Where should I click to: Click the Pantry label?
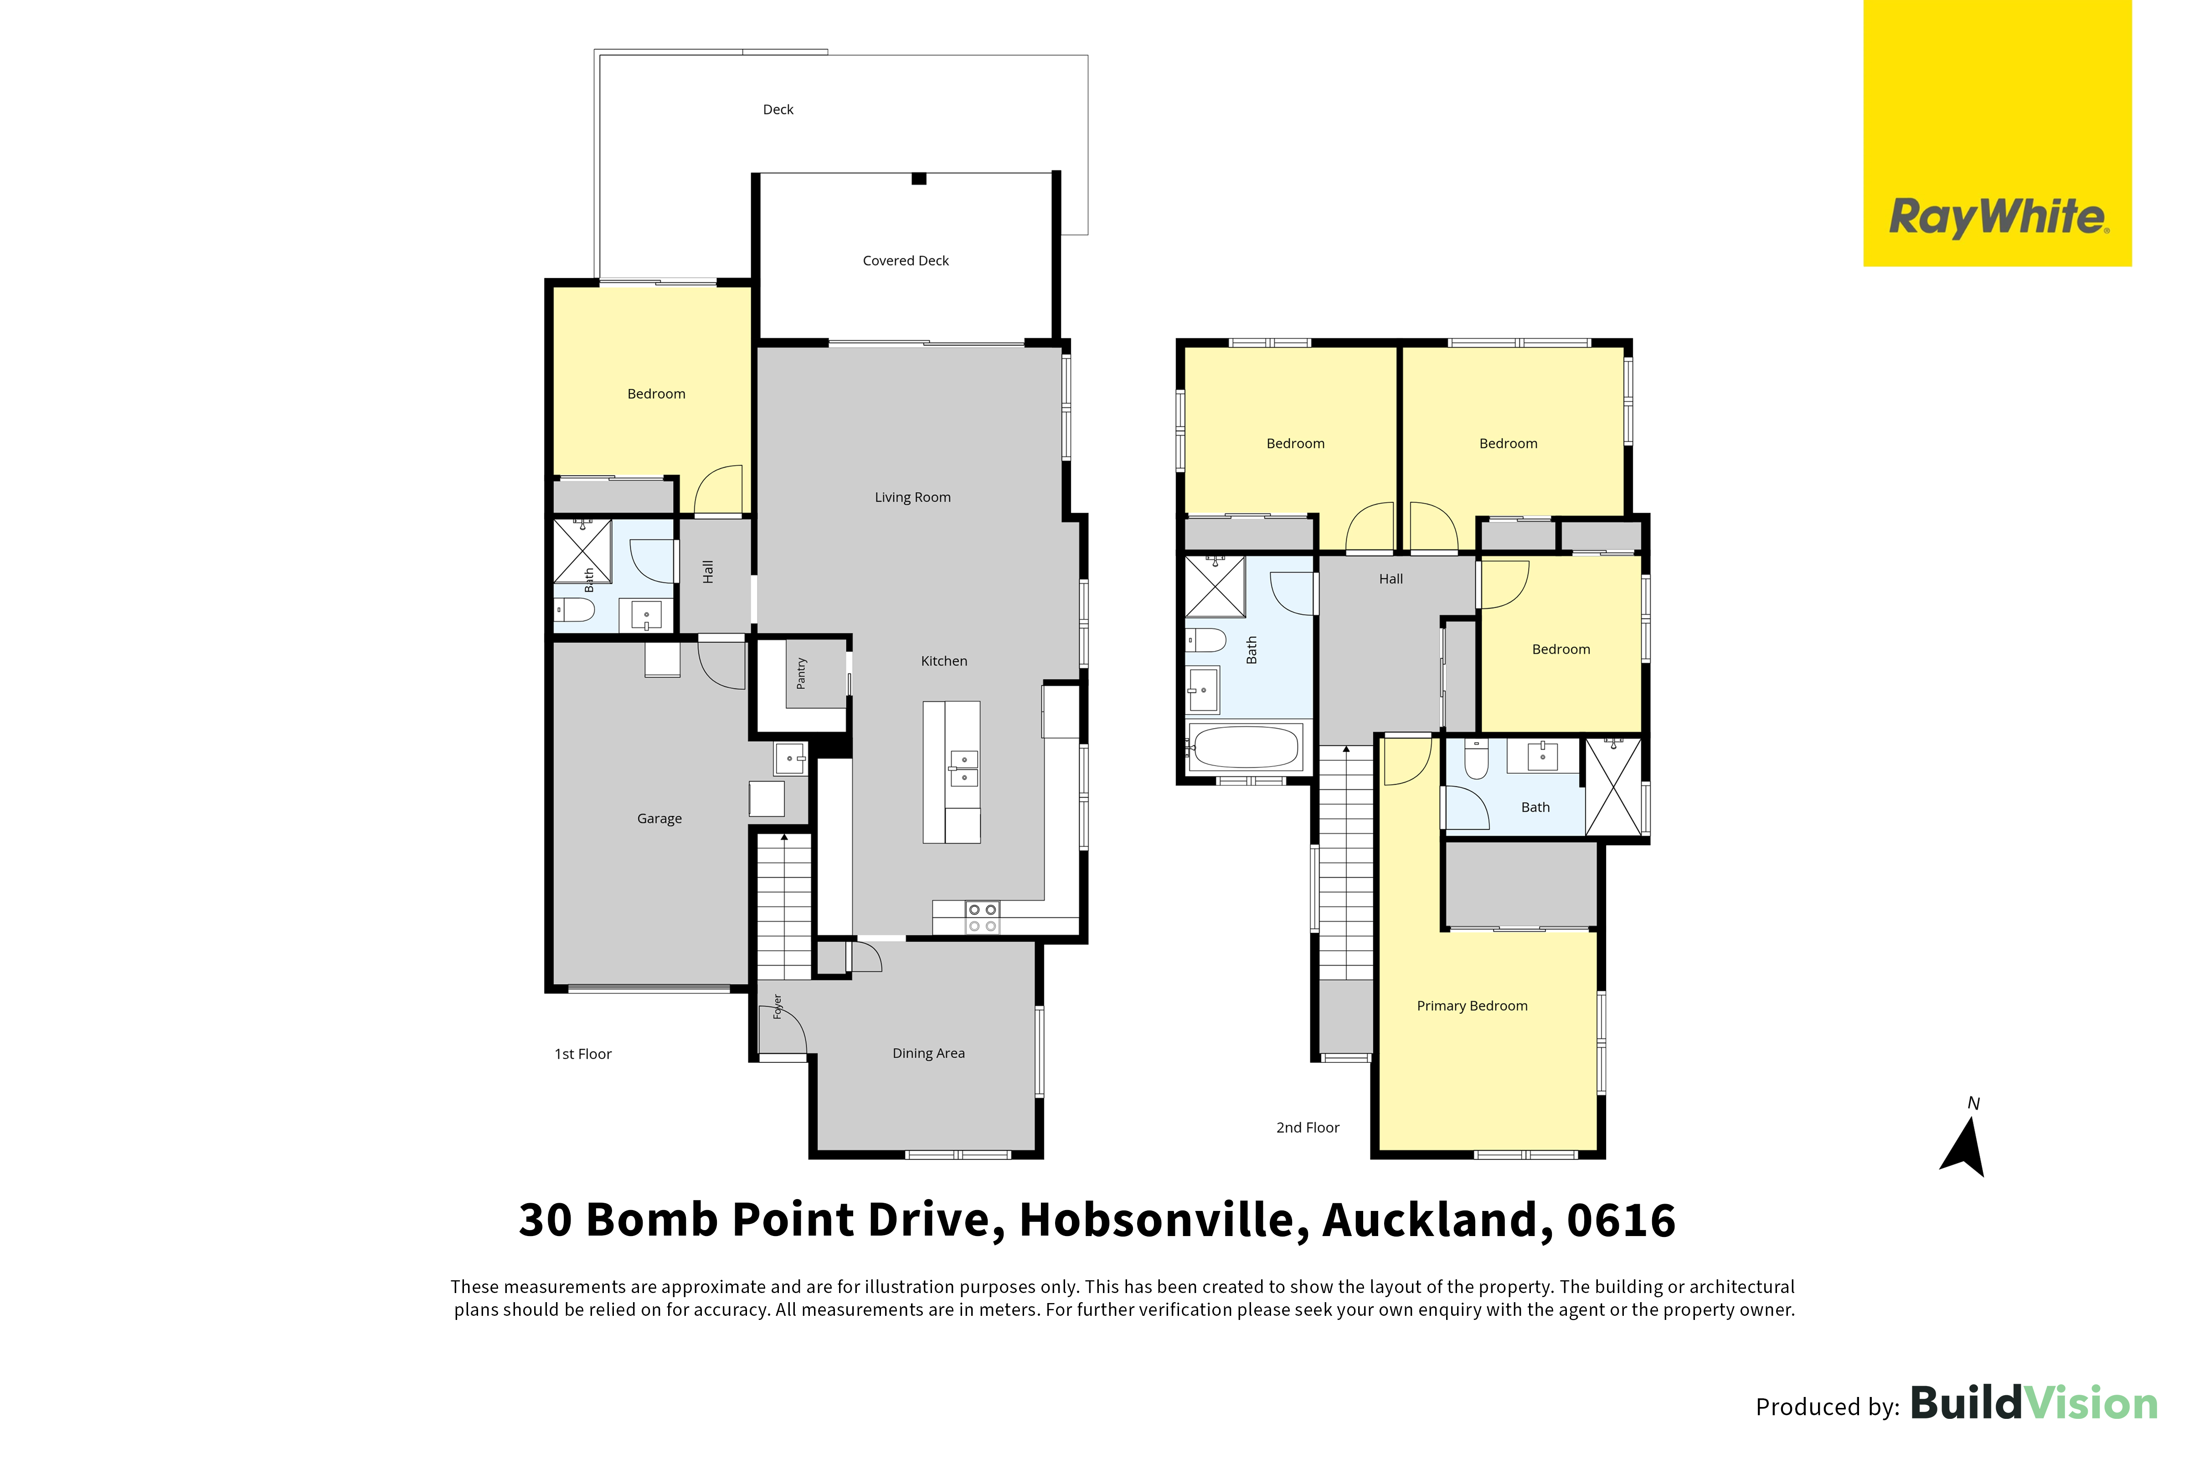click(x=802, y=673)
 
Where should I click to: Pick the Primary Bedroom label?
click(x=1473, y=1006)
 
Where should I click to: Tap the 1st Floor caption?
click(x=583, y=1054)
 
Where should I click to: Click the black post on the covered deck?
click(x=919, y=178)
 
